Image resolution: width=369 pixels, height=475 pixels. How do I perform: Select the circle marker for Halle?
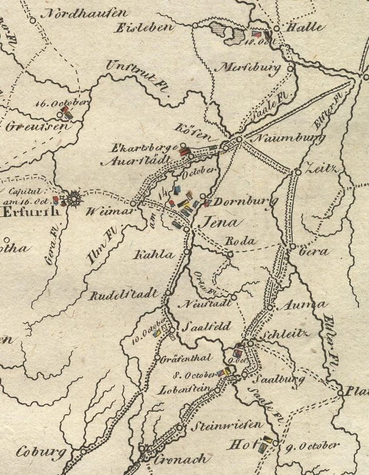[276, 28]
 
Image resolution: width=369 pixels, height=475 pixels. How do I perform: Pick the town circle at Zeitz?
[298, 172]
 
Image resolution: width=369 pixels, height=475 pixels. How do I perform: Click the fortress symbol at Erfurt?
[74, 198]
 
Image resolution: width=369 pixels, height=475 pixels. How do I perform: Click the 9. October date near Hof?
[312, 446]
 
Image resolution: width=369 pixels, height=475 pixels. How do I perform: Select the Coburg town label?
[35, 452]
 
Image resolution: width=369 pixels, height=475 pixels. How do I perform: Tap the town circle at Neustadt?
[234, 297]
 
